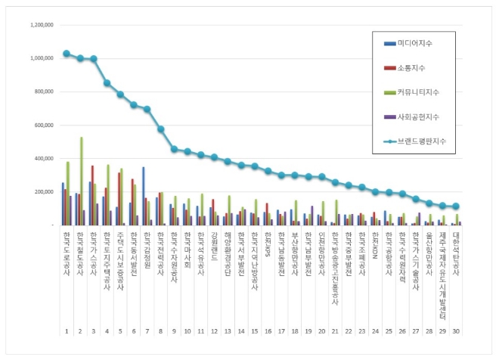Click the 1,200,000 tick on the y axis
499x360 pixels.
tap(42, 25)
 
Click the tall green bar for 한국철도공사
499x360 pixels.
tap(82, 182)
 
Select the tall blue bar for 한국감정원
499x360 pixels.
tap(143, 197)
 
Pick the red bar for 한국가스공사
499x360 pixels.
tap(93, 195)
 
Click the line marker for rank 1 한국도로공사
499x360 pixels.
tap(67, 54)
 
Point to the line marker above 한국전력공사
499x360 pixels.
tap(161, 129)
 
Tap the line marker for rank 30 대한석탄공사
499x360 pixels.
tap(456, 206)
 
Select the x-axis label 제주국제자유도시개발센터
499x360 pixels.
tap(442, 272)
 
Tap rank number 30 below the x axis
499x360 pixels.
tap(456, 331)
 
